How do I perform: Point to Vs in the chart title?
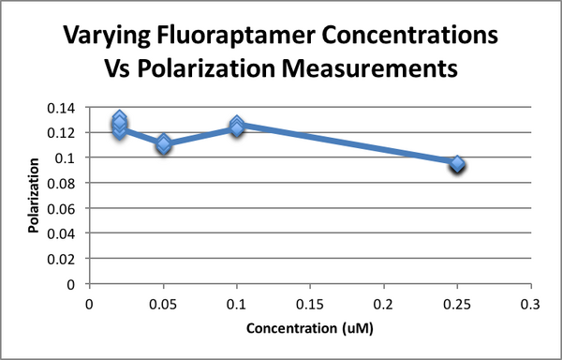[119, 70]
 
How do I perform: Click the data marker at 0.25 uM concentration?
[457, 164]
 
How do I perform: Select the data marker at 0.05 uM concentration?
[163, 144]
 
